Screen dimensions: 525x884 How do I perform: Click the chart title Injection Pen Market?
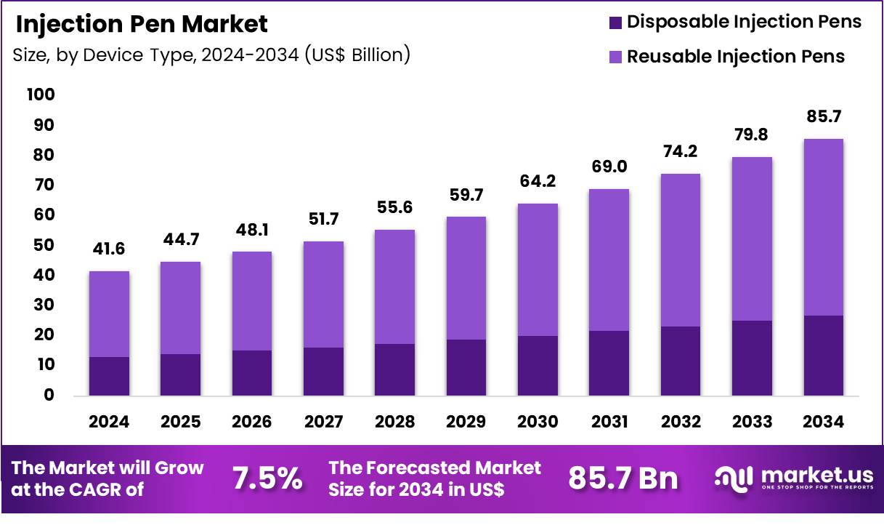pyautogui.click(x=142, y=24)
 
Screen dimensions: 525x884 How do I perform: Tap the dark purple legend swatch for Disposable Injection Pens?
pyautogui.click(x=615, y=23)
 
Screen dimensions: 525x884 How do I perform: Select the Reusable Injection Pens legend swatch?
pyautogui.click(x=615, y=57)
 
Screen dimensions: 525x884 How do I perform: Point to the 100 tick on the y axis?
pyautogui.click(x=41, y=95)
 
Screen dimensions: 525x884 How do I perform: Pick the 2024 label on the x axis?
pyautogui.click(x=110, y=422)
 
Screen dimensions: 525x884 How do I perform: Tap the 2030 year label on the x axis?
pyautogui.click(x=538, y=422)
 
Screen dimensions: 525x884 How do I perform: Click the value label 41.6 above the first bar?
pyautogui.click(x=110, y=249)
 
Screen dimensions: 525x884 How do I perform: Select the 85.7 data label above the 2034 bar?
pyautogui.click(x=823, y=116)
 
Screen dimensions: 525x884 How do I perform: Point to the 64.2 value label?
pyautogui.click(x=538, y=181)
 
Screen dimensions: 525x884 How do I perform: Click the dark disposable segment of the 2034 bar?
pyautogui.click(x=823, y=356)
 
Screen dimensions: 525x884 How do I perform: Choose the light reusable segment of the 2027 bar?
pyautogui.click(x=323, y=294)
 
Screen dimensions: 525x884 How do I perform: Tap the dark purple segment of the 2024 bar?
pyautogui.click(x=110, y=376)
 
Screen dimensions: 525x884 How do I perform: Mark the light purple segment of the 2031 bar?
pyautogui.click(x=609, y=260)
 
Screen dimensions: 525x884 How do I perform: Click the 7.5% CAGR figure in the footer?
pyautogui.click(x=267, y=478)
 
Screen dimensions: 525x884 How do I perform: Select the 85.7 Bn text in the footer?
pyautogui.click(x=623, y=478)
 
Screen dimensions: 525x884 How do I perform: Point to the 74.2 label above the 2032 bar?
pyautogui.click(x=680, y=152)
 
